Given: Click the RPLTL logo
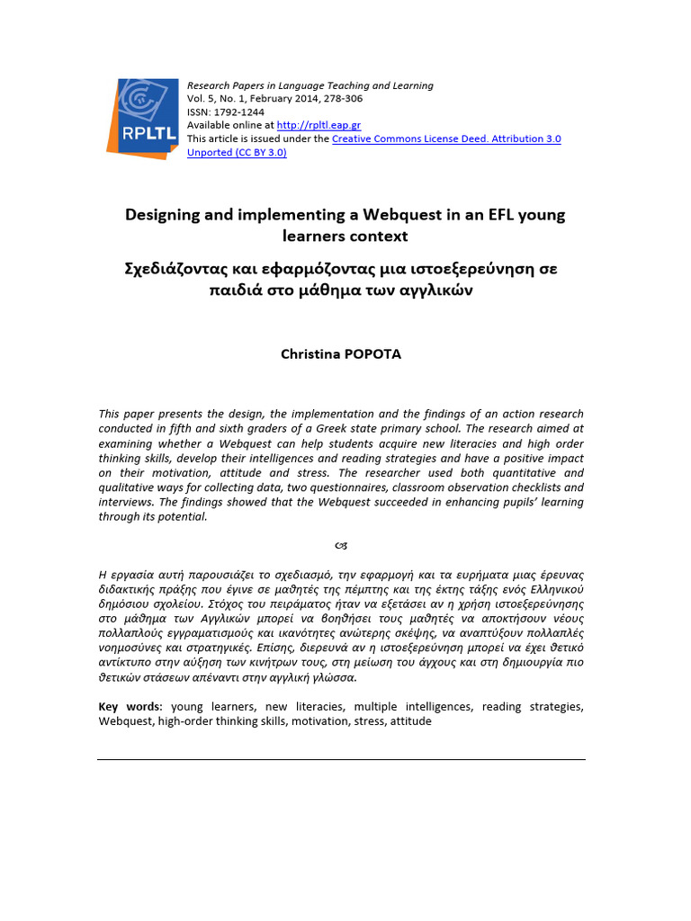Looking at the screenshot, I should (x=143, y=119).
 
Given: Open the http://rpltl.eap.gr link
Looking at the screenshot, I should (x=319, y=125).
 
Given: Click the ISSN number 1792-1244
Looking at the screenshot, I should (x=238, y=112).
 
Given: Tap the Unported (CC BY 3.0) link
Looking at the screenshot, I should (x=237, y=153).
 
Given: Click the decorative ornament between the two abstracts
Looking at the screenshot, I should (x=341, y=545).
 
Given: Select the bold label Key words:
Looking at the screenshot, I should (x=130, y=707).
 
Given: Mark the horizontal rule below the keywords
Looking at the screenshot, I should (x=341, y=759).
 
